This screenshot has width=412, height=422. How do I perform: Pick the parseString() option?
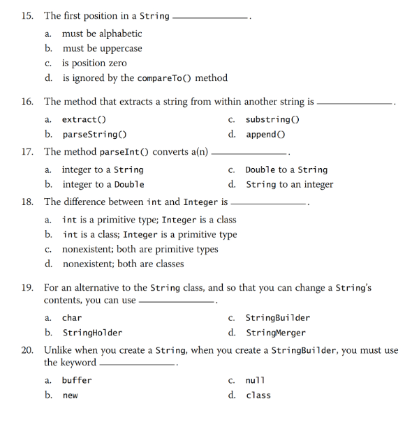coord(94,135)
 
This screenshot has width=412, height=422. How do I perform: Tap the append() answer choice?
coord(265,135)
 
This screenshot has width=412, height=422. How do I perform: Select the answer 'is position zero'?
coord(94,63)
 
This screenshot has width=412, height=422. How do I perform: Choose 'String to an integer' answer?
coord(289,185)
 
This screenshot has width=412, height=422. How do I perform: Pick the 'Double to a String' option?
coord(286,170)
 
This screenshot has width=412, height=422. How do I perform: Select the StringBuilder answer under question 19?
coord(278,318)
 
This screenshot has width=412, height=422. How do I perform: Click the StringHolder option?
coord(92,333)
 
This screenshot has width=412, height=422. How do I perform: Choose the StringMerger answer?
coord(275,333)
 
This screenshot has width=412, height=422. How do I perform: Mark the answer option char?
coord(72,318)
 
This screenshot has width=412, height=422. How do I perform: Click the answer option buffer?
coord(77,381)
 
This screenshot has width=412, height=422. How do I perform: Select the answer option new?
coord(71,395)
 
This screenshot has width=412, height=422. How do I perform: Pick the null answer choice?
coord(256,381)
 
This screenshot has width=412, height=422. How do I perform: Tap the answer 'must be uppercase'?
coord(102,49)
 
